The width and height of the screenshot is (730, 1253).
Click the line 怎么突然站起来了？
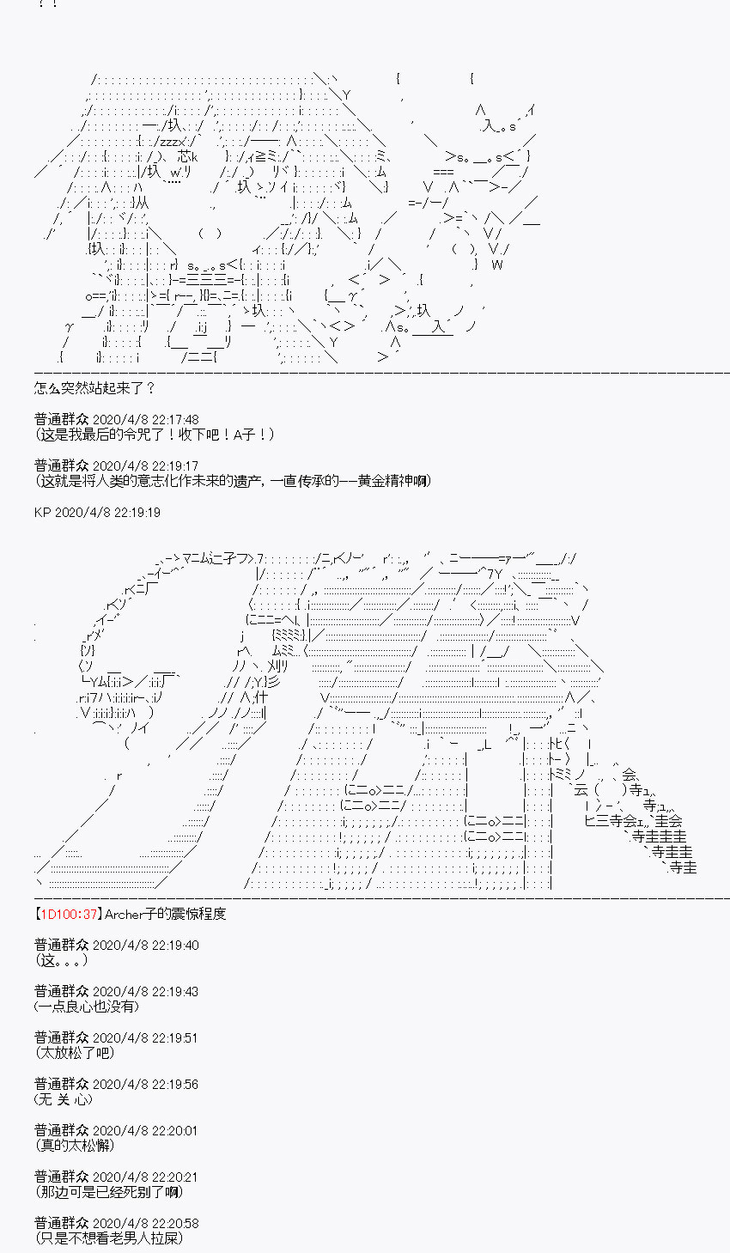tap(95, 388)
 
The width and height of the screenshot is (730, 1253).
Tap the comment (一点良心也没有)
tap(86, 1007)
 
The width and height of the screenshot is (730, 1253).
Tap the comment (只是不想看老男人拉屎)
tap(109, 1238)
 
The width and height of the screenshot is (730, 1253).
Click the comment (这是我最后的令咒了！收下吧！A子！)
tap(155, 435)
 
